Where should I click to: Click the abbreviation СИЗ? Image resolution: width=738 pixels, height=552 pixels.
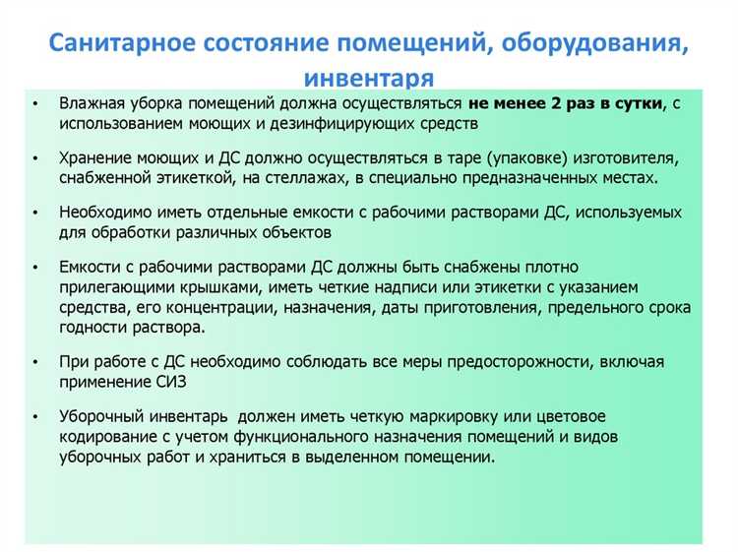point(167,381)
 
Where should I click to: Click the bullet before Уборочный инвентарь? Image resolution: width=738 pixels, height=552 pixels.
point(35,416)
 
